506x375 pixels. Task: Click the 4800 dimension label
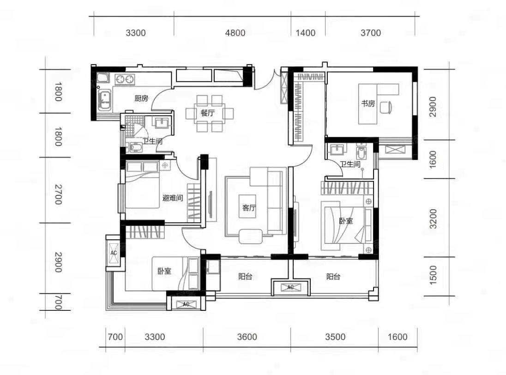[x=235, y=33]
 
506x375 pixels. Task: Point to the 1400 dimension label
[x=305, y=33]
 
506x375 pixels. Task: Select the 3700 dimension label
[x=371, y=33]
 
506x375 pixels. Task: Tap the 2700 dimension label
[x=58, y=194]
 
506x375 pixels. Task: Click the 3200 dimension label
[x=433, y=218]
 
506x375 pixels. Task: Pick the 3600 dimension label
[x=247, y=337]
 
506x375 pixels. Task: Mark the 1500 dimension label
[x=433, y=275]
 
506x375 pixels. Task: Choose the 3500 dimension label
[x=335, y=337]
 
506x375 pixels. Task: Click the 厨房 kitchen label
[x=141, y=98]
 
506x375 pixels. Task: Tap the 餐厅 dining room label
[x=207, y=113]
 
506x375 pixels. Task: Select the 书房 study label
[x=368, y=103]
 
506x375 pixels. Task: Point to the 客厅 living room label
[x=249, y=207]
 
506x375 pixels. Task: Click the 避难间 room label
[x=173, y=198]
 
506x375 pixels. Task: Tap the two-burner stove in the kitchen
[x=125, y=79]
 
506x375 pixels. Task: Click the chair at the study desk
[x=386, y=108]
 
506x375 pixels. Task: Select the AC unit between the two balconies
[x=290, y=287]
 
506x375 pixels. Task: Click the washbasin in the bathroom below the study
[x=336, y=150]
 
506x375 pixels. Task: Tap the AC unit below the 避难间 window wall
[x=114, y=253]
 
